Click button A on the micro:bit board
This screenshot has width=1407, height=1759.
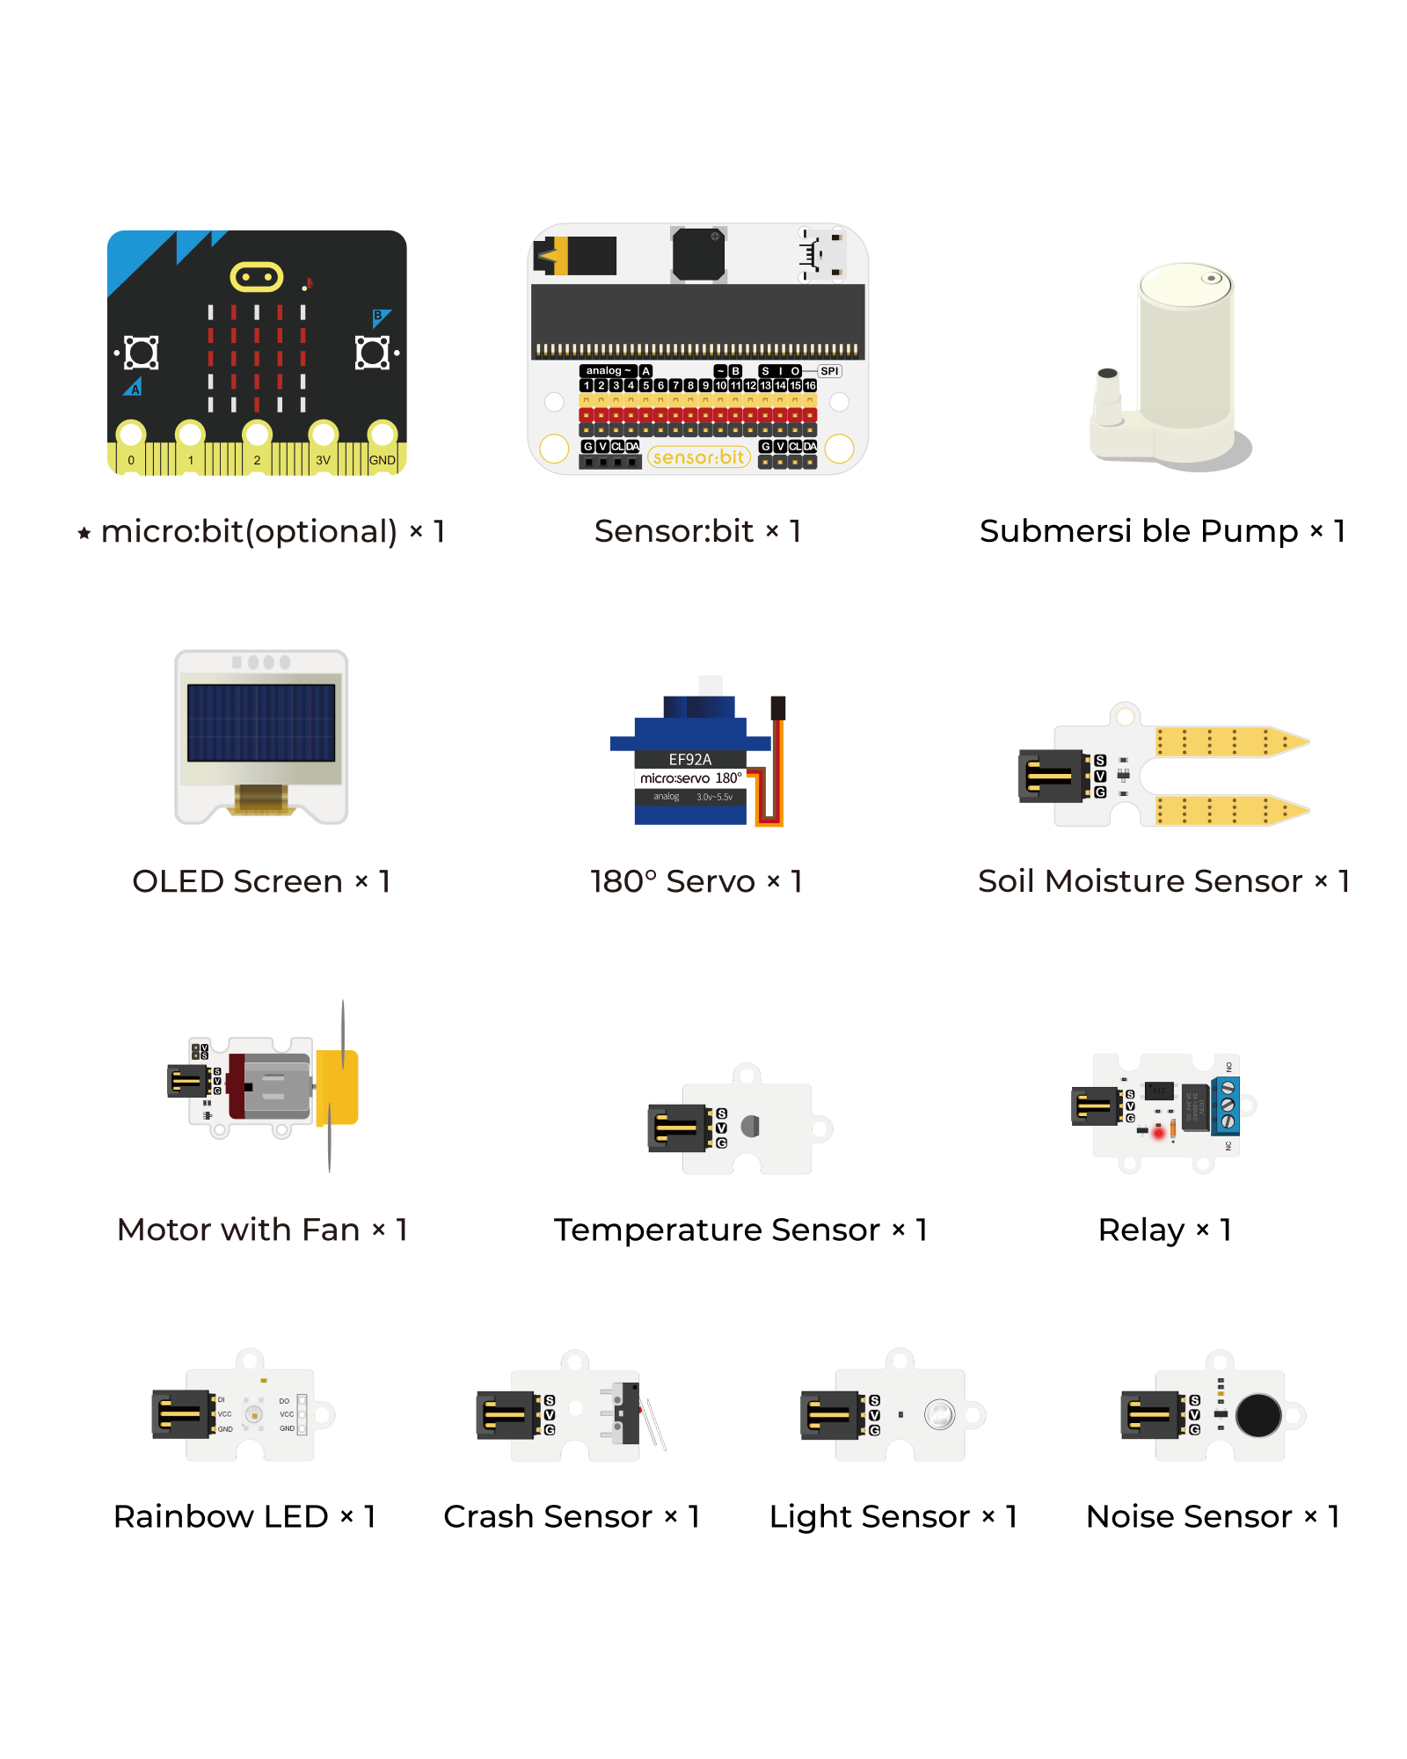point(142,353)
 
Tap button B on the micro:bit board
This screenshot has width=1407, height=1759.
point(371,353)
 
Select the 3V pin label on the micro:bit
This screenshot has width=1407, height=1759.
point(323,460)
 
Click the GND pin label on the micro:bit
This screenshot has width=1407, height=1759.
point(382,460)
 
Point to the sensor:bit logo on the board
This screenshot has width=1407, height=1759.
point(699,457)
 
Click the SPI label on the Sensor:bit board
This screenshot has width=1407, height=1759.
point(829,371)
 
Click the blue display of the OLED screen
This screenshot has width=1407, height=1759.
point(261,723)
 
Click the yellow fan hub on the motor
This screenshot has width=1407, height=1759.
point(339,1087)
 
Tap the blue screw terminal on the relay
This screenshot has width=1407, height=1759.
point(1227,1105)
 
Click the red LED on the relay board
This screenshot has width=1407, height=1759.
point(1158,1134)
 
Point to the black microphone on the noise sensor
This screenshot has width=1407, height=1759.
point(1258,1415)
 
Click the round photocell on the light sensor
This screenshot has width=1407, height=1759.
point(939,1414)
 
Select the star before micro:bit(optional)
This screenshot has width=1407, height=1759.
point(84,533)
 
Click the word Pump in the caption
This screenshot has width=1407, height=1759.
point(1249,531)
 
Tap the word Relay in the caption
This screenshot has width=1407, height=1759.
point(1141,1230)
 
